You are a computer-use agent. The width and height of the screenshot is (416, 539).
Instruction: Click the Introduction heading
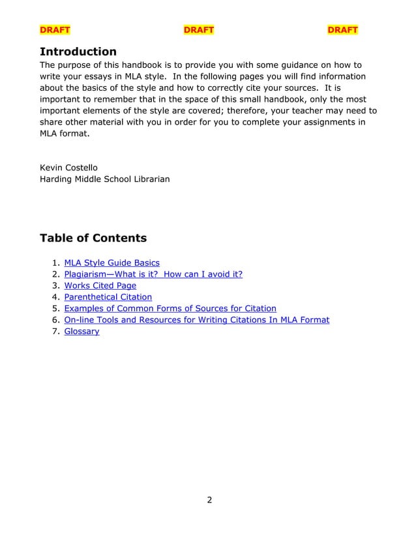(78, 52)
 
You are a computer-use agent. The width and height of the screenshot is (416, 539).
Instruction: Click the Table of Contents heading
(93, 238)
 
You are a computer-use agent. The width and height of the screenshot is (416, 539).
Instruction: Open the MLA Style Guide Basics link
(111, 262)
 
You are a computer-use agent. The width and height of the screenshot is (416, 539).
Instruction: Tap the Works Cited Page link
(100, 285)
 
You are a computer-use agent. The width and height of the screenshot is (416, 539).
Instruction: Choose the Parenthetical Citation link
(108, 297)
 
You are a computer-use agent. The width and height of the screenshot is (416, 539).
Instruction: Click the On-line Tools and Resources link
(196, 320)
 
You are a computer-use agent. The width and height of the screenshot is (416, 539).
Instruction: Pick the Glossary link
(82, 331)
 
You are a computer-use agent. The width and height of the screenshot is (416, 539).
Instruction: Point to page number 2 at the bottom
(209, 501)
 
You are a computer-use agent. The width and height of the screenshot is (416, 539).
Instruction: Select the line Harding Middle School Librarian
(105, 179)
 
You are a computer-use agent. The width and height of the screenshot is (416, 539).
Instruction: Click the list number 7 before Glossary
(57, 331)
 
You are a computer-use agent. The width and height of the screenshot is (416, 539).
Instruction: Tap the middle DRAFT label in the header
(198, 30)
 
